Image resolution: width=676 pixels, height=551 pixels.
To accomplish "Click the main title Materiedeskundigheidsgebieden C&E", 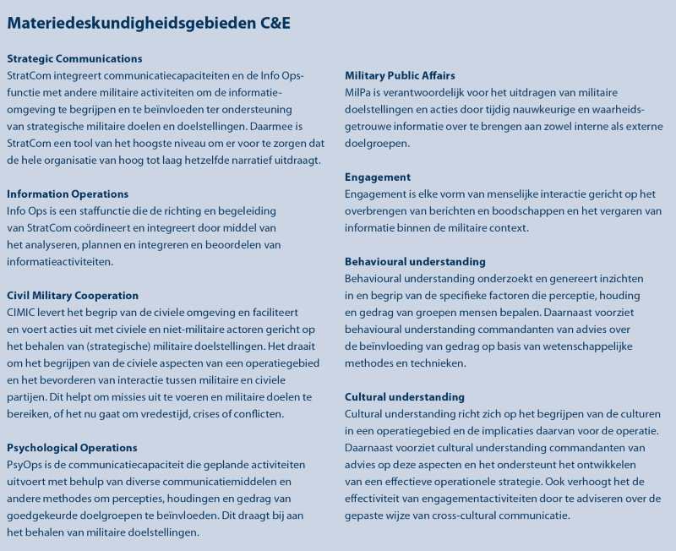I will click(149, 23).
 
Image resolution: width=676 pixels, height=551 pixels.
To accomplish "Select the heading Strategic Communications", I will click(74, 59).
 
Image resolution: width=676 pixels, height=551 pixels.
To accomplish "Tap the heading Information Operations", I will click(68, 194).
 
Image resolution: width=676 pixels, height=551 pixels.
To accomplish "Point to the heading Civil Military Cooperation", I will click(73, 296).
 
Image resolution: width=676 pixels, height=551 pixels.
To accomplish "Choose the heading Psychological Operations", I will click(72, 448).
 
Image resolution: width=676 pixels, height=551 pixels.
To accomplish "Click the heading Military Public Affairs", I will click(400, 76).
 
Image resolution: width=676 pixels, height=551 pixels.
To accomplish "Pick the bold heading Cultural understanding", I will click(404, 397).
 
